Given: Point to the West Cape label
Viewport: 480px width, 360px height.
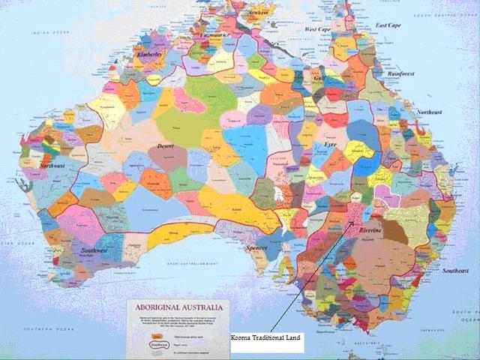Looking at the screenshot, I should pos(318,29).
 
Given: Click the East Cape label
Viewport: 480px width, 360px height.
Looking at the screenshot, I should pos(388,25).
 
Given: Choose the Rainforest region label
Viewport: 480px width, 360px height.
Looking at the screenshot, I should pos(402,74).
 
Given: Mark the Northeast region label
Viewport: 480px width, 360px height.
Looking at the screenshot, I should pos(430,112).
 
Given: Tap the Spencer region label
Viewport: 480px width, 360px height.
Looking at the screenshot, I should pos(257,247).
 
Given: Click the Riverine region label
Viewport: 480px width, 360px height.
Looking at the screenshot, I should pos(370,230).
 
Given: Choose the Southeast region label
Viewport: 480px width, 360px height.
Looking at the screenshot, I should pos(454,270).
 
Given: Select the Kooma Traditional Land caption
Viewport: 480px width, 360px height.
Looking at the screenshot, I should pos(267,338).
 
